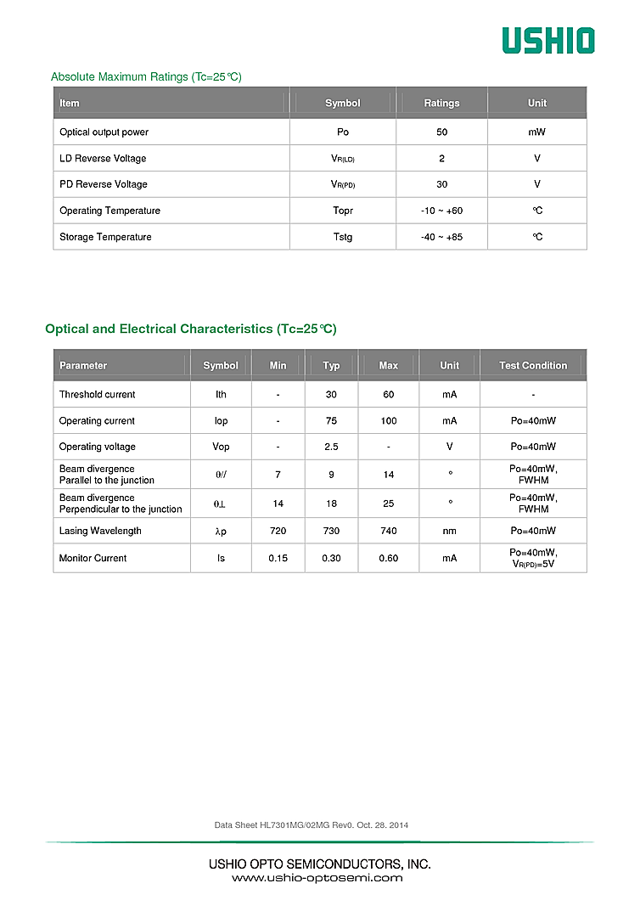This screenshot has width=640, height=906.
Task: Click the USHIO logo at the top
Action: pyautogui.click(x=547, y=40)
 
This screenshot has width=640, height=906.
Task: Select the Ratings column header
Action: pyautogui.click(x=441, y=104)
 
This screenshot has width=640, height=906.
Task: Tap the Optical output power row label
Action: pyautogui.click(x=104, y=132)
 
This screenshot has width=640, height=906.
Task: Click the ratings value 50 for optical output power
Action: pyautogui.click(x=441, y=132)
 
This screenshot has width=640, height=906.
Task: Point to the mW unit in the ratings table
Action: pyautogui.click(x=536, y=132)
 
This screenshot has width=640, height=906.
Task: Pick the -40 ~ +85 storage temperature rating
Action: pyautogui.click(x=441, y=237)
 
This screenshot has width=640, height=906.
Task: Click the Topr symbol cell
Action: pyautogui.click(x=343, y=211)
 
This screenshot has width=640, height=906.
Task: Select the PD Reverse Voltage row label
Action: pyautogui.click(x=103, y=184)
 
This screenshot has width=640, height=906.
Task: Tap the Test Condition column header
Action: pyautogui.click(x=533, y=366)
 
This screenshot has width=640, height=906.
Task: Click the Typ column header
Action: pyautogui.click(x=331, y=366)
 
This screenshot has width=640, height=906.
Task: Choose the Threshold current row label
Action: pyautogui.click(x=97, y=395)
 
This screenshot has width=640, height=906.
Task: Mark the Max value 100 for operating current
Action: pyautogui.click(x=389, y=421)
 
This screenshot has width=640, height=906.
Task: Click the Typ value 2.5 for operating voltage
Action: pyautogui.click(x=331, y=447)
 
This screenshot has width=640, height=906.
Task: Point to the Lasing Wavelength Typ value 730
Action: pyautogui.click(x=331, y=531)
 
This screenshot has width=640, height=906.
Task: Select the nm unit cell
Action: pyautogui.click(x=450, y=531)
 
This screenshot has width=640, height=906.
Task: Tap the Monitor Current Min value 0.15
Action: pyautogui.click(x=278, y=558)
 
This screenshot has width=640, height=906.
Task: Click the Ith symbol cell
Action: pyautogui.click(x=221, y=395)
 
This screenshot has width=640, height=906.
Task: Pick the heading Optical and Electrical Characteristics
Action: pyautogui.click(x=191, y=329)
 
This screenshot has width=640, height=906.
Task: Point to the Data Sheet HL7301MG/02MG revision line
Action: pyautogui.click(x=312, y=825)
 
